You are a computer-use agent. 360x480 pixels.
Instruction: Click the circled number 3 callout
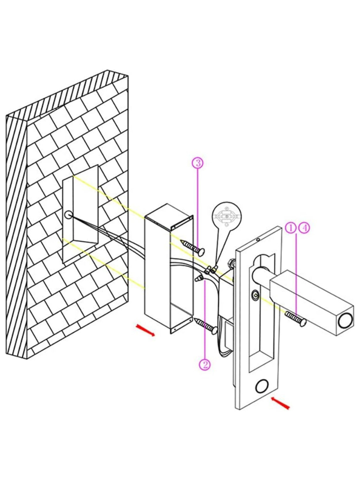[198, 162]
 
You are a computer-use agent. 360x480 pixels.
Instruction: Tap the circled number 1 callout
[291, 228]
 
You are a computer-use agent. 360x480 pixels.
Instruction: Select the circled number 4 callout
[305, 228]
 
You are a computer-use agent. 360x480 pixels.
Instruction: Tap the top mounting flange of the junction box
[182, 222]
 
